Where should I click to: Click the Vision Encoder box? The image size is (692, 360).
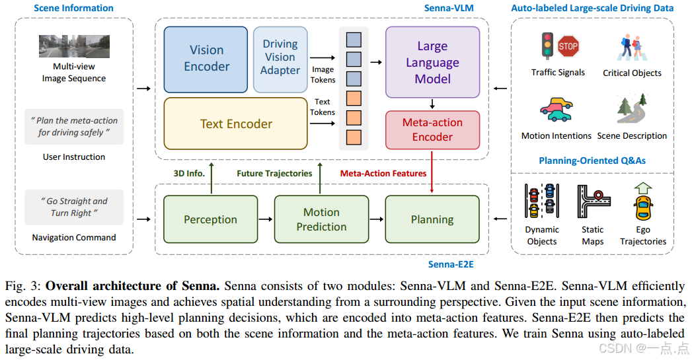pyautogui.click(x=206, y=58)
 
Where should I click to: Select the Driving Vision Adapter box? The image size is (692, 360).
pyautogui.click(x=280, y=58)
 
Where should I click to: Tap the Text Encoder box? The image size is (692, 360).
pyautogui.click(x=236, y=124)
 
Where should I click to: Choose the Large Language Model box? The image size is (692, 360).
pyautogui.click(x=432, y=63)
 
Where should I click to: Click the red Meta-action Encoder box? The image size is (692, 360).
pyautogui.click(x=432, y=129)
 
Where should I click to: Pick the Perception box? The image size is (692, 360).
pyautogui.click(x=210, y=219)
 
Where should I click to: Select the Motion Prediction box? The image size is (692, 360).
pyautogui.click(x=321, y=219)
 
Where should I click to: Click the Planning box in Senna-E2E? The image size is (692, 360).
pyautogui.click(x=432, y=219)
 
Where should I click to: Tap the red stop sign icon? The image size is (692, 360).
pyautogui.click(x=568, y=46)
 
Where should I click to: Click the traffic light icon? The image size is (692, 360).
pyautogui.click(x=547, y=46)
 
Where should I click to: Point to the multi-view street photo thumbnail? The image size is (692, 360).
pyautogui.click(x=73, y=46)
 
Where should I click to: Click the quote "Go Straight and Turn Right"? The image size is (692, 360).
pyautogui.click(x=73, y=207)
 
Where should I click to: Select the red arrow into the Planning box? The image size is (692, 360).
pyautogui.click(x=432, y=172)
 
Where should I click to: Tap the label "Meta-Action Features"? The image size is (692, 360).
pyautogui.click(x=383, y=173)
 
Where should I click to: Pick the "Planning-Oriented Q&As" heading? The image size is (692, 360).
pyautogui.click(x=592, y=160)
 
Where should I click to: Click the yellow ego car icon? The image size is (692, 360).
pyautogui.click(x=642, y=206)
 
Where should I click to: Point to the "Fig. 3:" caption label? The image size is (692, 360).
pyautogui.click(x=22, y=287)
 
